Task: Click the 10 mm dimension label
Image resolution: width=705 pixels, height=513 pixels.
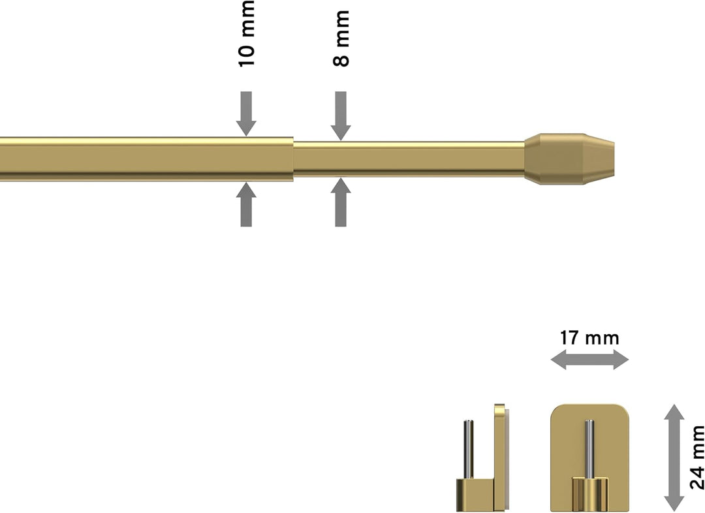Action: (246, 34)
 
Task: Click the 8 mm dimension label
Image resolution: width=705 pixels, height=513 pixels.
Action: (341, 39)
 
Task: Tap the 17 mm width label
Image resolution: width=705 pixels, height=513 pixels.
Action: (589, 338)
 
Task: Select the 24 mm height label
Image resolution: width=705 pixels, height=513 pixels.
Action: (697, 458)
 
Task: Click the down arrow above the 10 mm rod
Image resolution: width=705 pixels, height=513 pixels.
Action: (246, 114)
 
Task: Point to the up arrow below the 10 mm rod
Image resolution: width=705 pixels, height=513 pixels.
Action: (246, 204)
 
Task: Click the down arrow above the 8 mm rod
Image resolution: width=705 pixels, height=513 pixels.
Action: (341, 116)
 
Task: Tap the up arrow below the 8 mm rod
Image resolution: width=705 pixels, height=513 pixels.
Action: (341, 202)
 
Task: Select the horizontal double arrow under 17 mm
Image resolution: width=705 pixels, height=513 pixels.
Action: (589, 360)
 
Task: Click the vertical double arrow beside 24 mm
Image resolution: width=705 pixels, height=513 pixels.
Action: (674, 458)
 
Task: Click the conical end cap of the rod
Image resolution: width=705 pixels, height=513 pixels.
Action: (569, 159)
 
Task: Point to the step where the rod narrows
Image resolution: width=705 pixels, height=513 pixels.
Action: (294, 159)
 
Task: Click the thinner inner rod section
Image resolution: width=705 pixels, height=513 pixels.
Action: (409, 159)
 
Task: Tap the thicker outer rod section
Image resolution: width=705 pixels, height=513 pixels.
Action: (147, 159)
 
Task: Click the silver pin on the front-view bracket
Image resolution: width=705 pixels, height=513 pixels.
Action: (589, 448)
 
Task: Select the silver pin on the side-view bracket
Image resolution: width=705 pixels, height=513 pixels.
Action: (469, 449)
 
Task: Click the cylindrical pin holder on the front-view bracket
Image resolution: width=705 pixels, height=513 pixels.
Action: (589, 495)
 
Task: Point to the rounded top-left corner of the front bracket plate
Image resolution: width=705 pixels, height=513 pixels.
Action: (554, 407)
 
